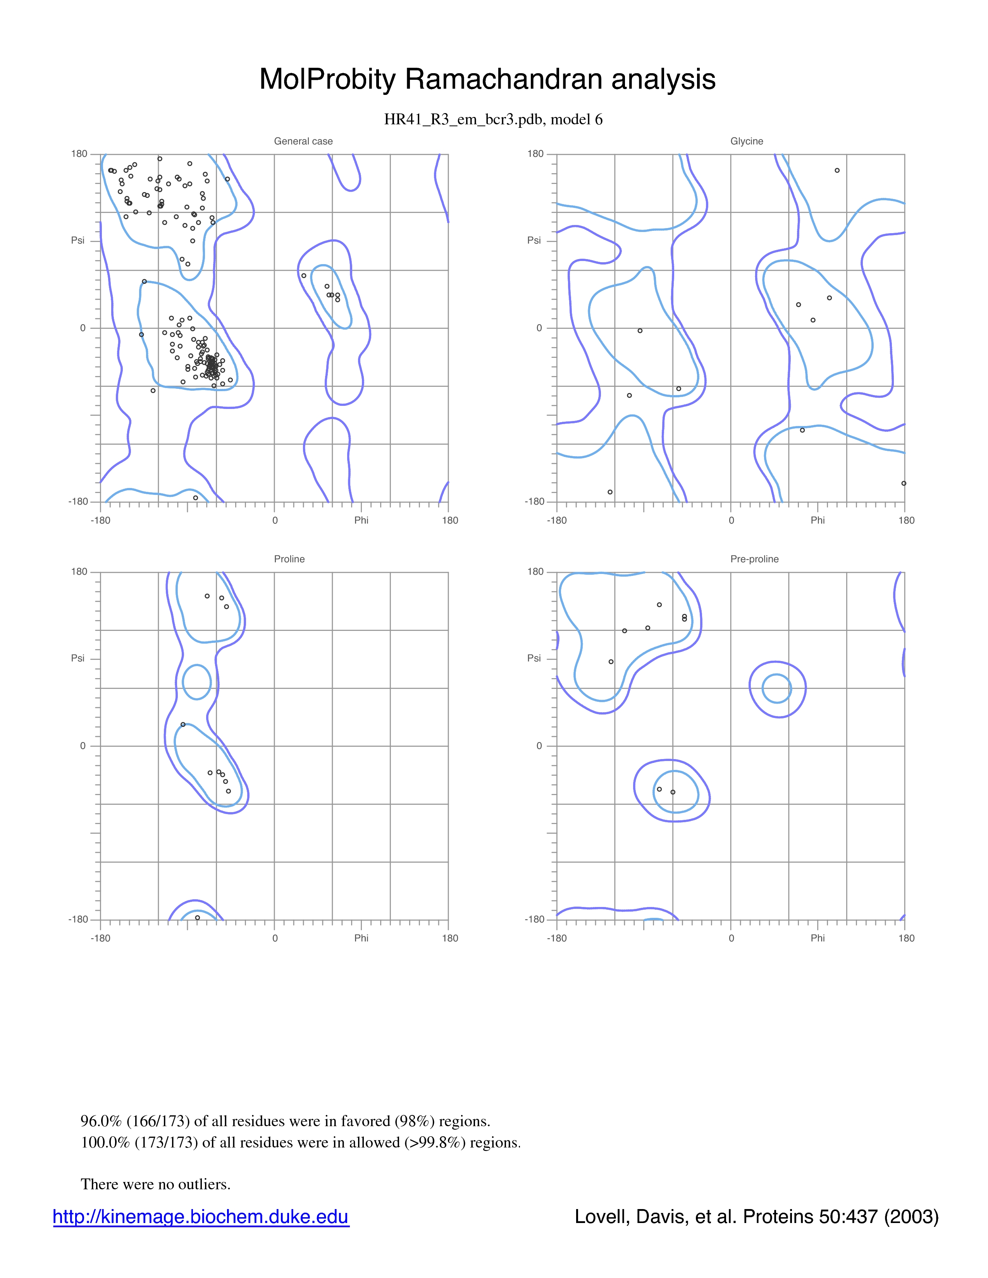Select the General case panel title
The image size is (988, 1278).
pos(303,141)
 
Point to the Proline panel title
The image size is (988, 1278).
pos(289,559)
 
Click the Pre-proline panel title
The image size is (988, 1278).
pos(754,559)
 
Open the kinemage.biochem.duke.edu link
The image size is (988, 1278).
pos(201,1216)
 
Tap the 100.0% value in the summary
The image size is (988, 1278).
pos(105,1142)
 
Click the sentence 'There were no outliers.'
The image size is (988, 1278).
pos(156,1184)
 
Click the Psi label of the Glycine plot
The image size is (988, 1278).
pos(534,240)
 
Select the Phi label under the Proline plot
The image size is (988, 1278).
pos(361,938)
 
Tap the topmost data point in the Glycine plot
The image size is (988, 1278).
pos(837,171)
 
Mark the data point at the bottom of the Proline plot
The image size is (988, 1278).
pos(197,917)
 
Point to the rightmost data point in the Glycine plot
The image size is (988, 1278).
pos(904,483)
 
